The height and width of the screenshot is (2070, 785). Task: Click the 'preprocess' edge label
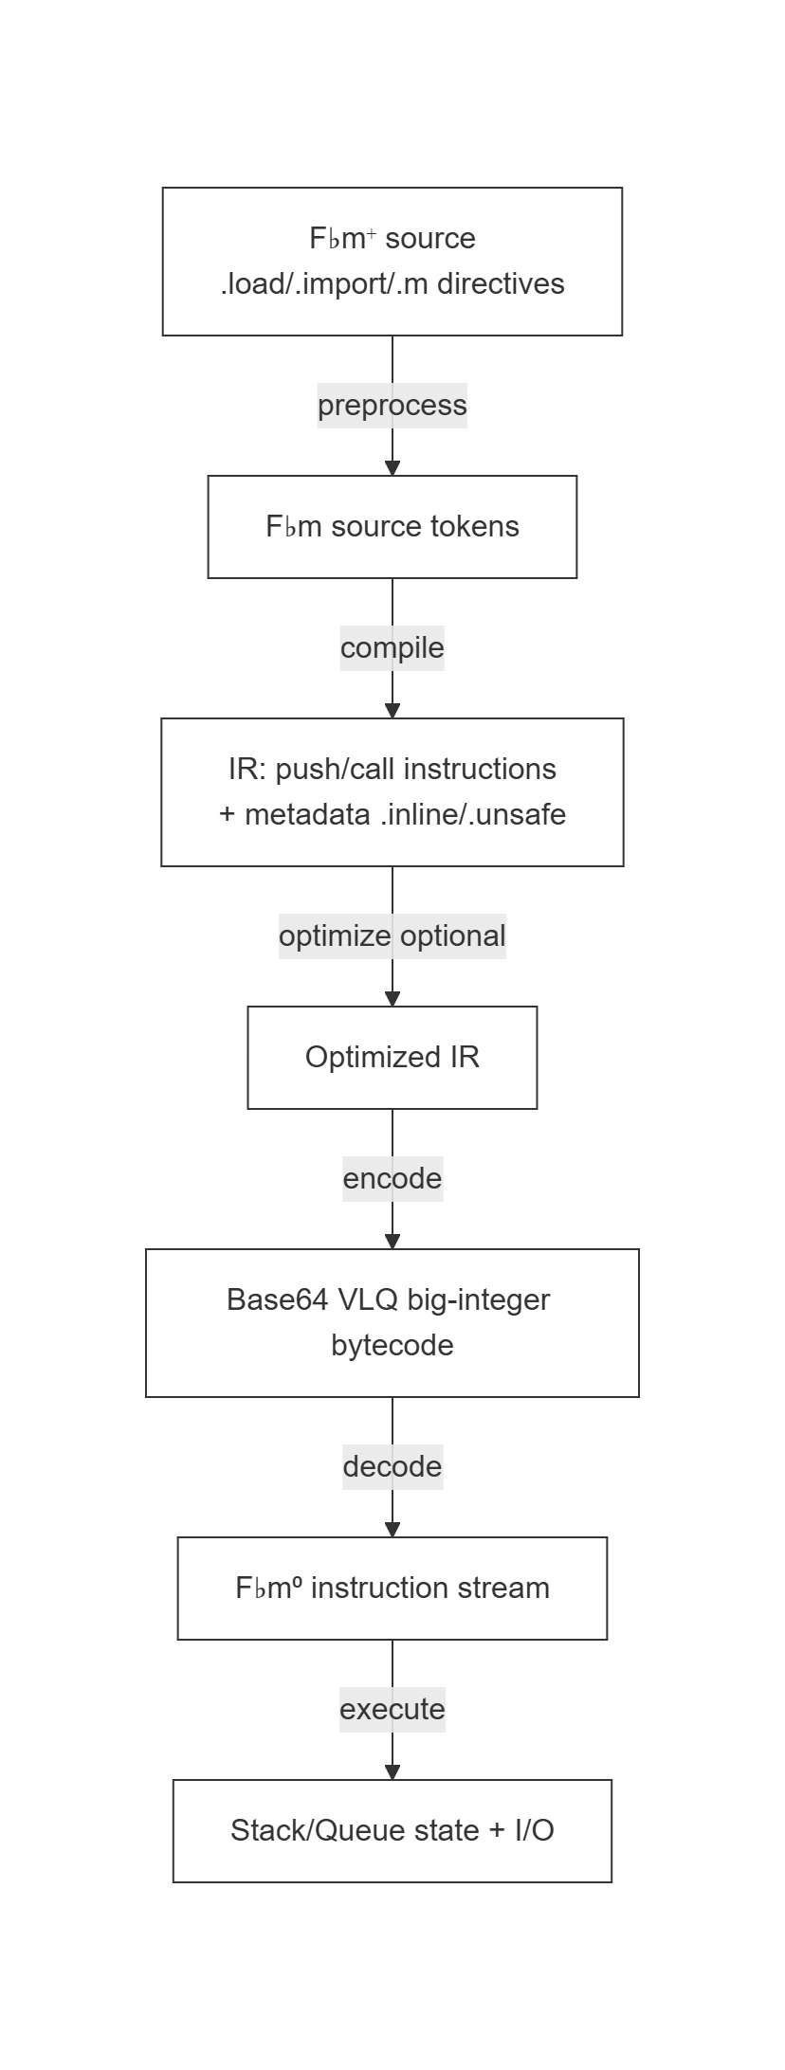(x=392, y=406)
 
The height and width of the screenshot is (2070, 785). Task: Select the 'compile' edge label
(x=392, y=648)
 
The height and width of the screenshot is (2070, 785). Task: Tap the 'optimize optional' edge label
(x=392, y=936)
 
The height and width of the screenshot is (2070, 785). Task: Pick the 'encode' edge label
(x=392, y=1179)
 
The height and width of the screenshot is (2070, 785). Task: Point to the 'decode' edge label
(x=392, y=1467)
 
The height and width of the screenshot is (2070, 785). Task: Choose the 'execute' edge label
(x=392, y=1710)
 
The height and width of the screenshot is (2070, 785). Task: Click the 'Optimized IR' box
(x=392, y=1058)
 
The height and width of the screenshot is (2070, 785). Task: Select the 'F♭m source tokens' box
(x=392, y=527)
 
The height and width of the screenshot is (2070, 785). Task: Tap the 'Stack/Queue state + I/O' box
(x=392, y=1831)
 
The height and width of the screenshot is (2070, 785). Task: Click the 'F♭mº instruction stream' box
(x=392, y=1589)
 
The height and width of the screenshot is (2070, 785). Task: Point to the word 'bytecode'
(x=392, y=1346)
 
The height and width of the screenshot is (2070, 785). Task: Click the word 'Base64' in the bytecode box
(x=263, y=1300)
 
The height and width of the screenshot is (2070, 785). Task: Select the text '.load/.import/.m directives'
(x=392, y=284)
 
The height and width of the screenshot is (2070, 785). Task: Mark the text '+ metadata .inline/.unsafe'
(x=392, y=815)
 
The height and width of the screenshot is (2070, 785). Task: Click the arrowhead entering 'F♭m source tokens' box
(x=392, y=468)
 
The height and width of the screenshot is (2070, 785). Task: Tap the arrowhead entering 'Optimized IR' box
(x=392, y=999)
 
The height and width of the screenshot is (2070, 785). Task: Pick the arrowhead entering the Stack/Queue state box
(x=392, y=1772)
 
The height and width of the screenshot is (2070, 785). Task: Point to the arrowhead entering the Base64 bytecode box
(x=392, y=1242)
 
